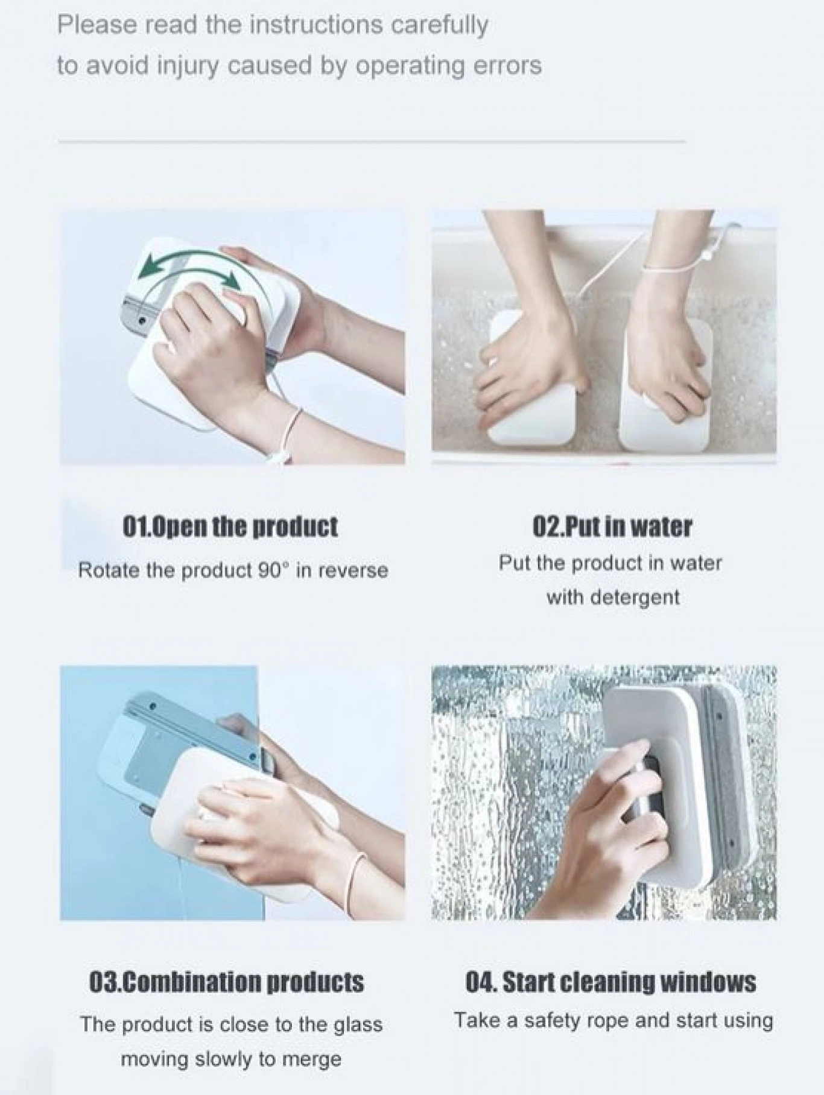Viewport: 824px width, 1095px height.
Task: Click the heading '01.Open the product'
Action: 230,527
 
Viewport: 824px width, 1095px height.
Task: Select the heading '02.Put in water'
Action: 612,526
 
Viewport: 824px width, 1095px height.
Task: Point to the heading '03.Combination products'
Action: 227,981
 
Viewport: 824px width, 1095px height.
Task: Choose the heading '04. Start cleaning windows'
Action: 610,981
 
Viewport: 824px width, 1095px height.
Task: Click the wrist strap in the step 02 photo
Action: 666,265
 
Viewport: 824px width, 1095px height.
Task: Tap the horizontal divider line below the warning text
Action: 372,142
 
